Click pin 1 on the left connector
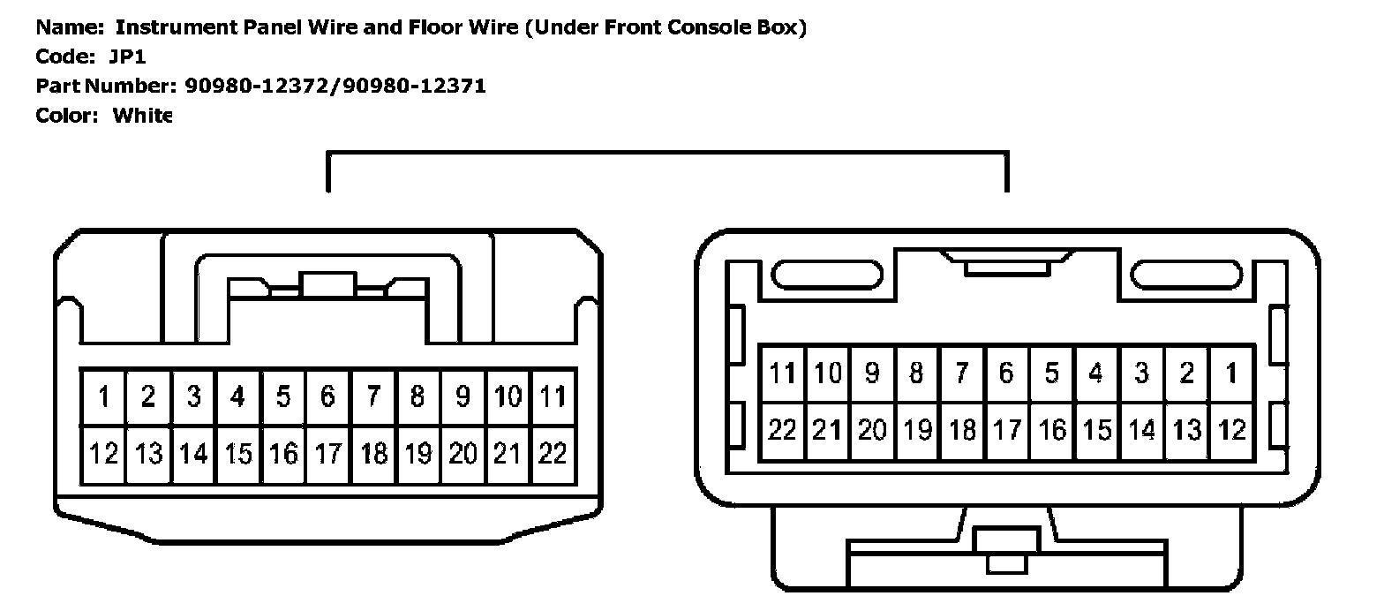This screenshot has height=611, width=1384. [103, 397]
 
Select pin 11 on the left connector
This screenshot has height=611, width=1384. [553, 397]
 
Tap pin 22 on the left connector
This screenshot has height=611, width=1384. [553, 454]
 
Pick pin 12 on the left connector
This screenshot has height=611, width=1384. [103, 454]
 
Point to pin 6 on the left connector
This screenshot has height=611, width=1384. [328, 397]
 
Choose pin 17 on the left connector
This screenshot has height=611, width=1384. [328, 454]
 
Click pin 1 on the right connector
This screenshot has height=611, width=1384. [1231, 373]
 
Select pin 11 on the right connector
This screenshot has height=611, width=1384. [782, 373]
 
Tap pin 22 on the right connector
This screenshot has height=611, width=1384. [782, 430]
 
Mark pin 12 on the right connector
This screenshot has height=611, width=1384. [1231, 430]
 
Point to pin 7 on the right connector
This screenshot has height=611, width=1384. [962, 373]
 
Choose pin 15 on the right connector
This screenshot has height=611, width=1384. [1097, 430]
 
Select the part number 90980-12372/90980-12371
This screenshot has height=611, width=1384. [335, 86]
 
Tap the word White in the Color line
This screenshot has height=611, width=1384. [142, 116]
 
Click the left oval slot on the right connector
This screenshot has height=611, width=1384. [827, 275]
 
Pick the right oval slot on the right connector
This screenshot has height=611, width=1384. [1186, 275]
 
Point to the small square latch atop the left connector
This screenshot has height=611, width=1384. [327, 284]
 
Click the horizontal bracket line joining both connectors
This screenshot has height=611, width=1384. [667, 154]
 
